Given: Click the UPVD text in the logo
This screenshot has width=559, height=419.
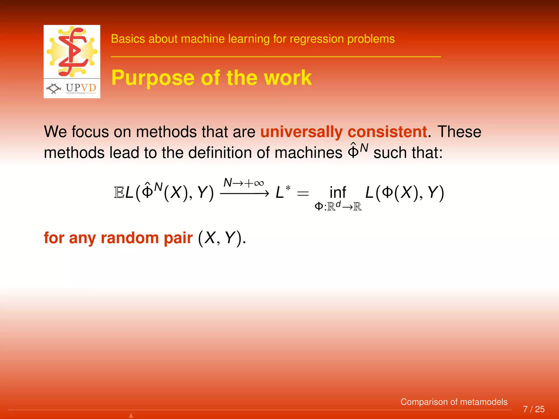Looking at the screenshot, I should pyautogui.click(x=81, y=88).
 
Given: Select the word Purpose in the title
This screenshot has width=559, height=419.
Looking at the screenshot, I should pyautogui.click(x=153, y=78).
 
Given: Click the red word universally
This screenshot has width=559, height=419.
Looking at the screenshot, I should pyautogui.click(x=301, y=132).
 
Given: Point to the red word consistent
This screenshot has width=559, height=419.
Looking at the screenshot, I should pyautogui.click(x=387, y=132).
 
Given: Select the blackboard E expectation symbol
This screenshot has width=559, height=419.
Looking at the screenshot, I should pyautogui.click(x=119, y=193).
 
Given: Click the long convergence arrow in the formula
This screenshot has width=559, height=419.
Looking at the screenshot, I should pyautogui.click(x=244, y=193).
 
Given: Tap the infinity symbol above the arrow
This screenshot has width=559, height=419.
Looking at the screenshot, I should pyautogui.click(x=259, y=183).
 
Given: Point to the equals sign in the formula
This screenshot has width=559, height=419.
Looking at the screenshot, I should pyautogui.click(x=303, y=194).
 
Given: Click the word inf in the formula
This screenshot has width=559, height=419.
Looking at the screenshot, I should pyautogui.click(x=338, y=193).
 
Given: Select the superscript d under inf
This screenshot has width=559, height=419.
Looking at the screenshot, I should pyautogui.click(x=338, y=203).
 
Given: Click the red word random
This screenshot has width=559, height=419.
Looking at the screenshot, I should pyautogui.click(x=130, y=238).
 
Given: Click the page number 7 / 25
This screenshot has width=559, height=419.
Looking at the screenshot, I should pyautogui.click(x=534, y=409).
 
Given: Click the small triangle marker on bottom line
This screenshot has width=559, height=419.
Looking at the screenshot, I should pyautogui.click(x=131, y=415).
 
